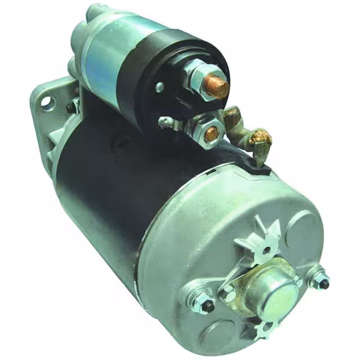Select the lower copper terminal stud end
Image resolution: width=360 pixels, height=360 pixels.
click(x=211, y=134)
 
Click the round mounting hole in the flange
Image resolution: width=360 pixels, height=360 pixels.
click(x=47, y=102)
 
